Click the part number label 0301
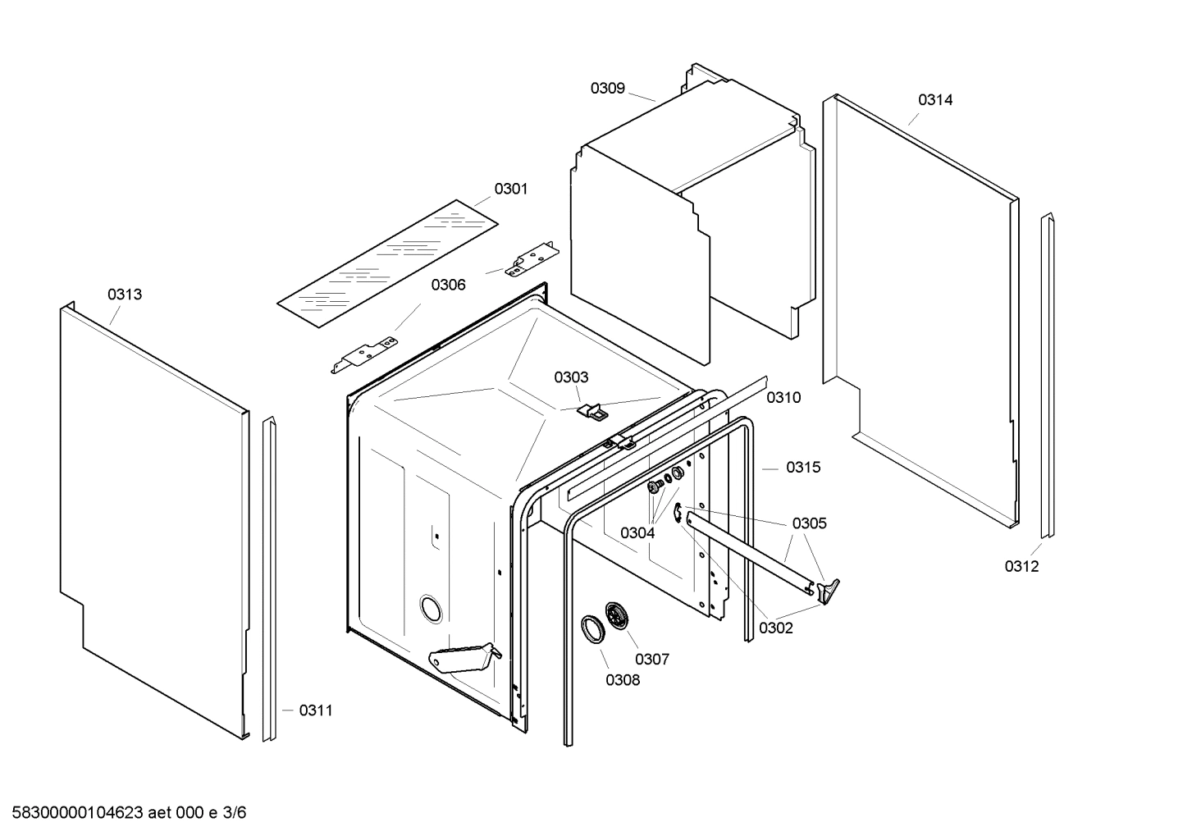tap(510, 190)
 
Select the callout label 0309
tap(608, 89)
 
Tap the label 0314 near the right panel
tap(935, 100)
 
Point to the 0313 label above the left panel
tap(125, 295)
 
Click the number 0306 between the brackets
tap(448, 285)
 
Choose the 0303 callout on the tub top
tap(571, 377)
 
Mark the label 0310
tap(783, 398)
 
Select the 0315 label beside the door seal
tap(803, 468)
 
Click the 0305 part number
tap(809, 523)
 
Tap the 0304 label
tap(637, 533)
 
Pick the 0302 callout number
tap(776, 628)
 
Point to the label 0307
tap(652, 659)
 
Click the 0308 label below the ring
tap(623, 679)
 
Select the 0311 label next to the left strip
tap(316, 710)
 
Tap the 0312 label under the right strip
tap(1021, 566)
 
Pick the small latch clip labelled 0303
tap(592, 409)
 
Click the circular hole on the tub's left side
tap(430, 609)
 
